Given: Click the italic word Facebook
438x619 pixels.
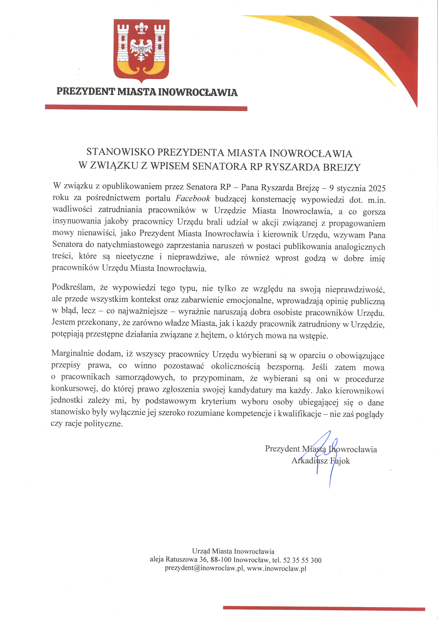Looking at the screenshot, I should (193, 198).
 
